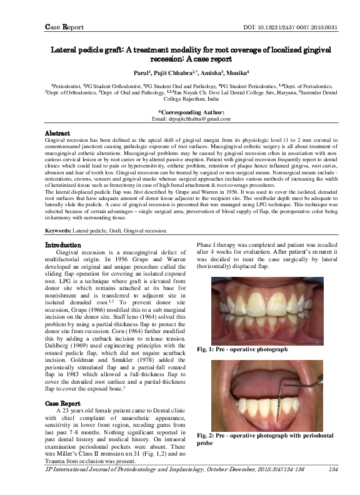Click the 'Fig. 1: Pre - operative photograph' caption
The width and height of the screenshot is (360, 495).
[x=242, y=349]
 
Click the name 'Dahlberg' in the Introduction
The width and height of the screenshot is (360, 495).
[x=61, y=343]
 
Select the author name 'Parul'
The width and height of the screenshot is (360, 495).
[x=137, y=72]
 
